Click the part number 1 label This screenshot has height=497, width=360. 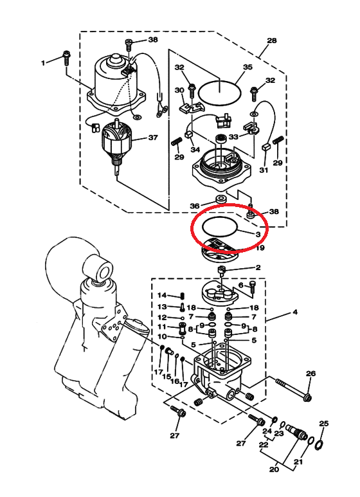[x=43, y=63]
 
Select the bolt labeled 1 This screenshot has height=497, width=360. [x=66, y=57]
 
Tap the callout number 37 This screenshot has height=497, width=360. [x=153, y=138]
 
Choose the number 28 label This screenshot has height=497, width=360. [x=271, y=41]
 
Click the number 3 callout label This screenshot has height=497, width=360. [x=258, y=234]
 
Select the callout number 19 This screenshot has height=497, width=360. [x=260, y=248]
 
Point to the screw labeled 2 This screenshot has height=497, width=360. [x=222, y=273]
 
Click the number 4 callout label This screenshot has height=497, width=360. [x=294, y=312]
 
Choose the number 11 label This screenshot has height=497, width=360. [x=162, y=327]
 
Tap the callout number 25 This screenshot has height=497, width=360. [x=323, y=423]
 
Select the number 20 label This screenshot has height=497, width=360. [x=274, y=468]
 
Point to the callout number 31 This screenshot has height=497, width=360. [x=264, y=170]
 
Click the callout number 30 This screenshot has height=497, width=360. [x=179, y=91]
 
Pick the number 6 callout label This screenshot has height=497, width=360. [x=241, y=285]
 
